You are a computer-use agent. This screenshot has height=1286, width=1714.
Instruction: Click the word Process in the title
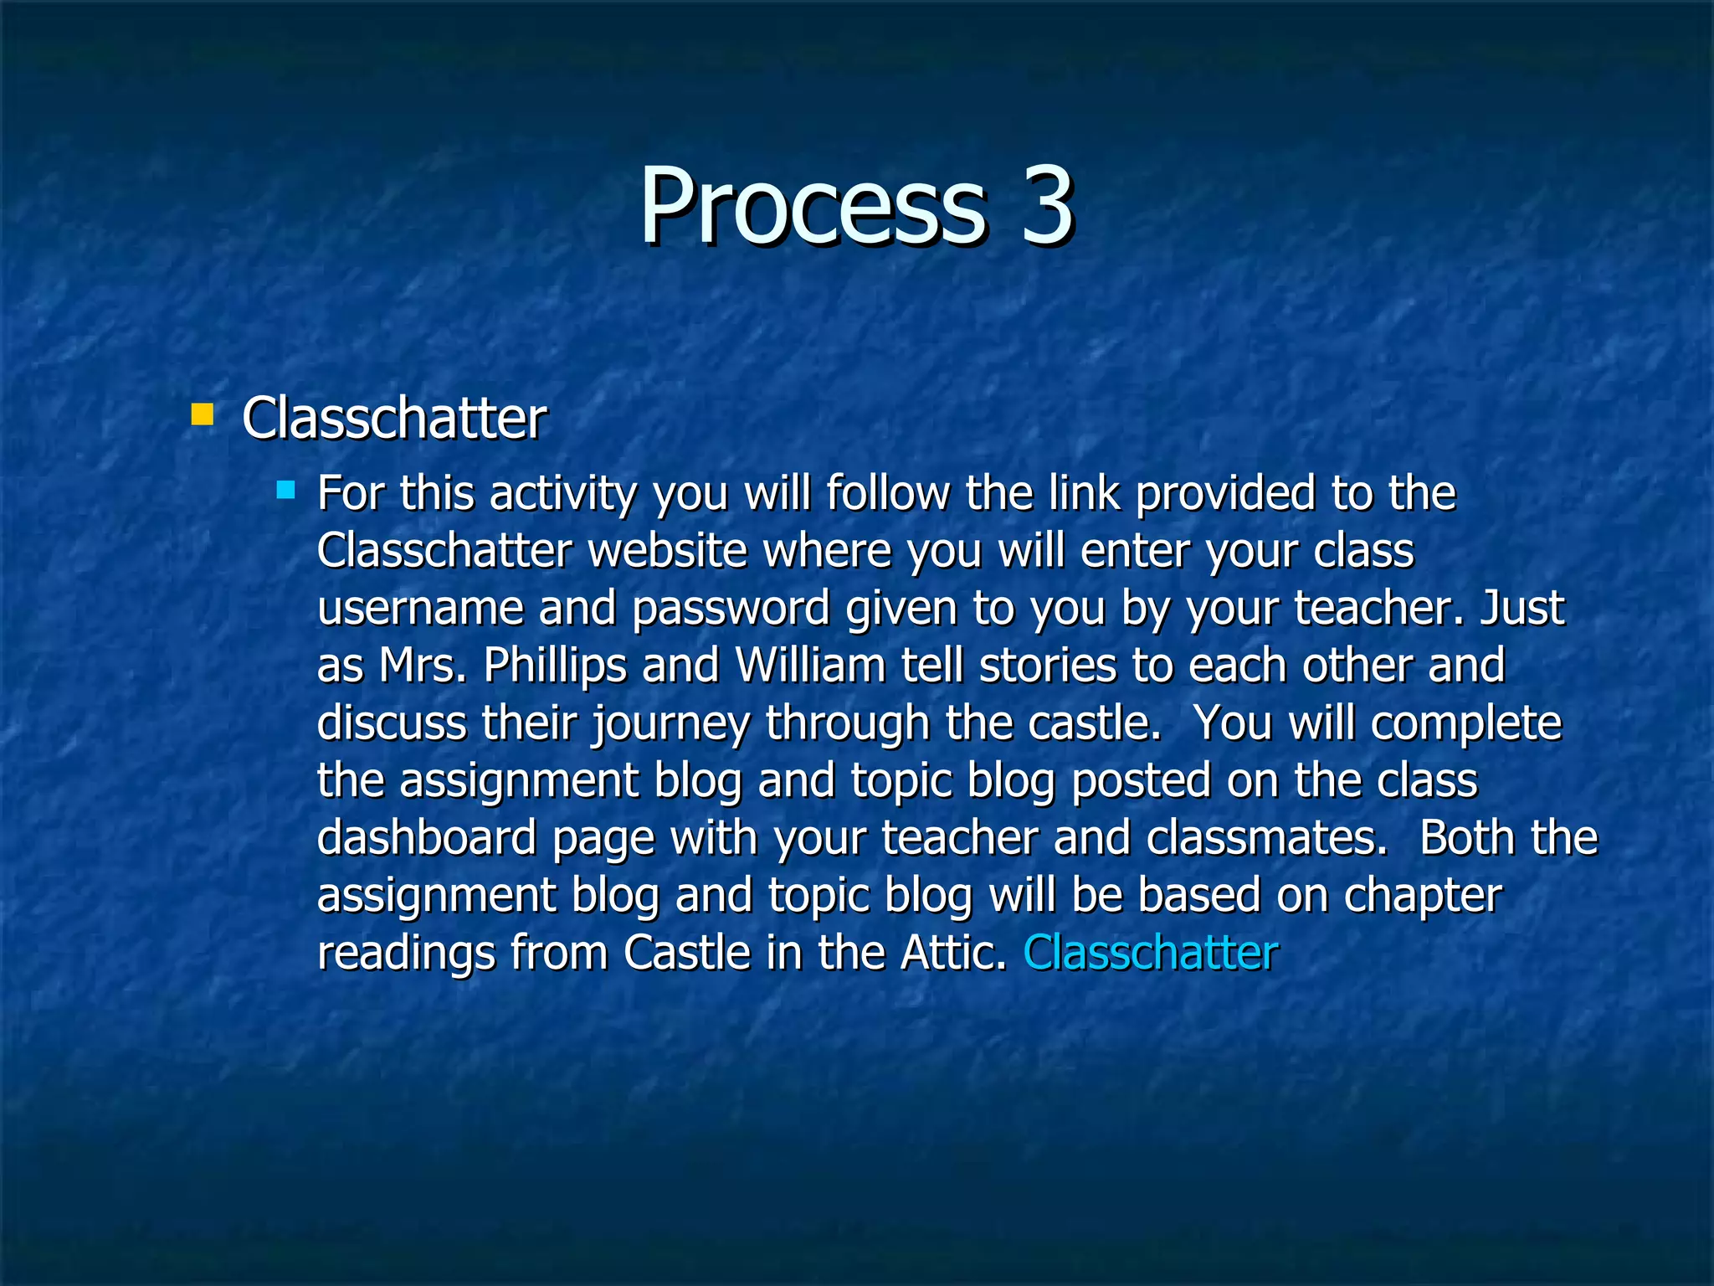coord(812,207)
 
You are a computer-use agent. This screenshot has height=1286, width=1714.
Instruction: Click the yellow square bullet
coord(202,414)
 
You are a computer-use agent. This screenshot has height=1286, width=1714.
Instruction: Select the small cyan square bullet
coord(285,489)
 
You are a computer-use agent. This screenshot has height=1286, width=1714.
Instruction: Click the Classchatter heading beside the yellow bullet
coord(394,418)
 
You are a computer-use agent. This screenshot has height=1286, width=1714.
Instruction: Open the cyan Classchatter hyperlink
coord(1151,953)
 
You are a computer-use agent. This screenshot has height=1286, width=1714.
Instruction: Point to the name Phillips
coord(555,666)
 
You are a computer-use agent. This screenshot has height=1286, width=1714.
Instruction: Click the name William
coord(810,666)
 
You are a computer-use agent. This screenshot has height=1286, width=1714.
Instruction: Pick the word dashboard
coord(427,837)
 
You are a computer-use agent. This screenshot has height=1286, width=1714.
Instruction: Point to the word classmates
coord(1266,837)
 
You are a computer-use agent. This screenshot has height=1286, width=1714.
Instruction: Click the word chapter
coord(1423,896)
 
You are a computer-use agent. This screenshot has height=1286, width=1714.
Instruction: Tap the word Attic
coord(953,953)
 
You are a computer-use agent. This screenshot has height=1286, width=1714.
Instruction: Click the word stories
coord(1047,666)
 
